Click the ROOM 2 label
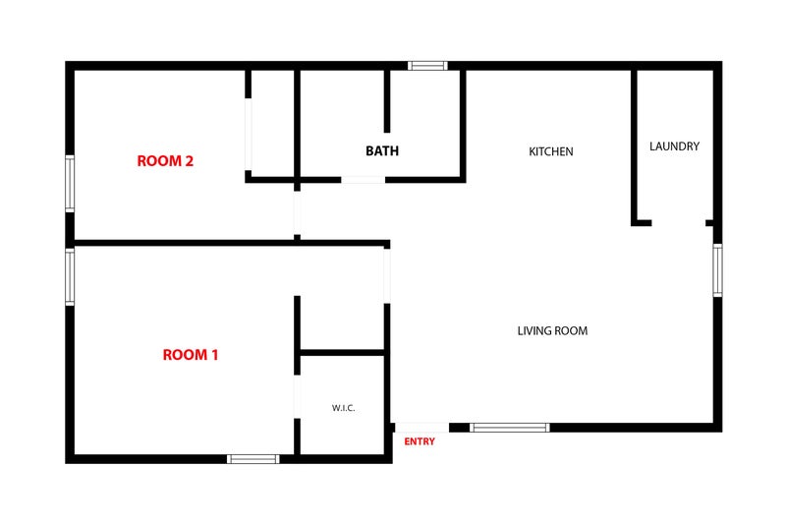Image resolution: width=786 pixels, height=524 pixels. [x=165, y=161]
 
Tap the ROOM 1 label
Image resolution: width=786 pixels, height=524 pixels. [x=191, y=355]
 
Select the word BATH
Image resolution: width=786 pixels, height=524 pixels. [x=382, y=151]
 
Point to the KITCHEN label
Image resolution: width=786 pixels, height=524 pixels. [x=551, y=151]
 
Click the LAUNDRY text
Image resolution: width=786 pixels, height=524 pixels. [x=674, y=146]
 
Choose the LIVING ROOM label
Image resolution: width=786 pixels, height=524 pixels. [x=552, y=331]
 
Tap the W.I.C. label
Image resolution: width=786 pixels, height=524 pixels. [x=343, y=408]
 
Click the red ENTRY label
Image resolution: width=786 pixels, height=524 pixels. [x=420, y=441]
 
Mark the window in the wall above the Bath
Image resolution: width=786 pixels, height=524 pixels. [x=427, y=66]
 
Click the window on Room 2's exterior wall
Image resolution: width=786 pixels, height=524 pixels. [x=70, y=184]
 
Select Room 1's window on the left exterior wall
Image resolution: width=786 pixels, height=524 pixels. [x=70, y=276]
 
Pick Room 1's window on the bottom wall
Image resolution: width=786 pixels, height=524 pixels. [x=253, y=459]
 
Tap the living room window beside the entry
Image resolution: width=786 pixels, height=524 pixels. [x=509, y=428]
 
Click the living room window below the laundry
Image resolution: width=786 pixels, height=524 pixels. [x=718, y=270]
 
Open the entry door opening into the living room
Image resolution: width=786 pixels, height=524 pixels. [x=421, y=428]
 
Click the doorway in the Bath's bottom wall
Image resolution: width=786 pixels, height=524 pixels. [x=363, y=180]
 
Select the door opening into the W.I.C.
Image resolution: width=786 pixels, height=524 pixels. [x=297, y=396]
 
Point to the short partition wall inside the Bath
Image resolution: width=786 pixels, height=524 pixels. [x=387, y=101]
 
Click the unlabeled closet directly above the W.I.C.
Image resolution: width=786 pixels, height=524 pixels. [x=342, y=323]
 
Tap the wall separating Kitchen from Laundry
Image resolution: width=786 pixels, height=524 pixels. [x=634, y=147]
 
